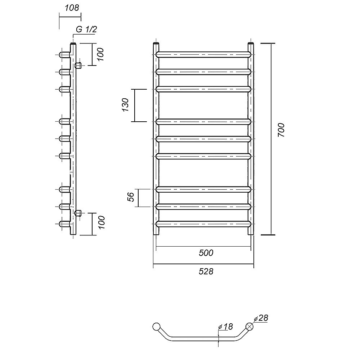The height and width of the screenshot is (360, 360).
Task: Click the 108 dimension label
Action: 72,8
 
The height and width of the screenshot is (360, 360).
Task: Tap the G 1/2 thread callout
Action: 86,30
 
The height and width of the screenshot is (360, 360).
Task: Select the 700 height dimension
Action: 281,130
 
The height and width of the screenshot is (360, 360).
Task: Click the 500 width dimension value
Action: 206,253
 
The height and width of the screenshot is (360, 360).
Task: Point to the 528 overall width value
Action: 206,271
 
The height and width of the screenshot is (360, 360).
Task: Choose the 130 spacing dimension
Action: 126,105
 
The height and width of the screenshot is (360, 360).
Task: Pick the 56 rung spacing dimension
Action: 131,197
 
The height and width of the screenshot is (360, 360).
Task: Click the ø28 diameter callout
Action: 261,318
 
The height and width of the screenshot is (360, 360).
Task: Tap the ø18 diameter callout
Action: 226,327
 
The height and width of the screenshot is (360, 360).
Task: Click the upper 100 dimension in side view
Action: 100,54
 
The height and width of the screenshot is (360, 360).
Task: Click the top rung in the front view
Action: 203,55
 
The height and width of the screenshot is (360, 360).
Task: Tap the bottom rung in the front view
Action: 203,224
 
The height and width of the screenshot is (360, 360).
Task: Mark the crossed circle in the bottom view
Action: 249,327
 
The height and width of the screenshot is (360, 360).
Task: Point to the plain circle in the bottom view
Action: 156,327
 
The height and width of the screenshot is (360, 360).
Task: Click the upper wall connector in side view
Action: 78,66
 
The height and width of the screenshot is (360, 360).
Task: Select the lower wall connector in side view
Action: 78,213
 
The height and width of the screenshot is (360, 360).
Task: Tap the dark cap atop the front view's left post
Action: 156,43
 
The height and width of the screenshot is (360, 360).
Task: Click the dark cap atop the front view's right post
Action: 251,43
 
